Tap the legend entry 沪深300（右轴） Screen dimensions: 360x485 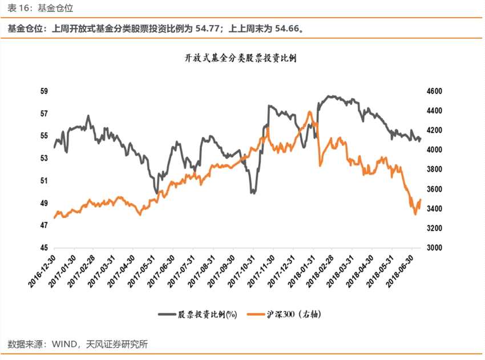click(x=297, y=314)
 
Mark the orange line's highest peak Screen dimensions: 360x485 click(x=310, y=112)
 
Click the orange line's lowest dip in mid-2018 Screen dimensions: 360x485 click(x=415, y=214)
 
